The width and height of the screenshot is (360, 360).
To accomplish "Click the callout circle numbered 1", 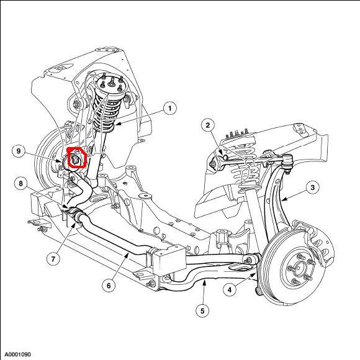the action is [x=170, y=108].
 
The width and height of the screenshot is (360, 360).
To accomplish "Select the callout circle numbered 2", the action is [x=208, y=125].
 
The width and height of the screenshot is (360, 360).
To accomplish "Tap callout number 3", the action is [x=312, y=187].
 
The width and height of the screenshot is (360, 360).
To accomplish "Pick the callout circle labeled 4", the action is [x=230, y=290].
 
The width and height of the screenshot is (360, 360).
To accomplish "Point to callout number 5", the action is [x=202, y=311].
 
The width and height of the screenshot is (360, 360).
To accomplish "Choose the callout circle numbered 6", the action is [x=109, y=286].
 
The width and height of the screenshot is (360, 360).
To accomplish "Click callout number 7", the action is [x=53, y=259].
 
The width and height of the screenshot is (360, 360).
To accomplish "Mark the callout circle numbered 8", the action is [x=20, y=184].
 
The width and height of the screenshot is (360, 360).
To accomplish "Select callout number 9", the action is [x=19, y=151].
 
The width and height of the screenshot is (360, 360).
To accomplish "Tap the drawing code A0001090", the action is [x=18, y=354].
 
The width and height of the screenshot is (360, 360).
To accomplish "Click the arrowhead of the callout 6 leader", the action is [x=127, y=254].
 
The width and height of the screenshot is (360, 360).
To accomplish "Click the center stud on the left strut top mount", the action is [x=112, y=81].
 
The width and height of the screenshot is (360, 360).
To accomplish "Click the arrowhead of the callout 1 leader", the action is [x=117, y=124].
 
